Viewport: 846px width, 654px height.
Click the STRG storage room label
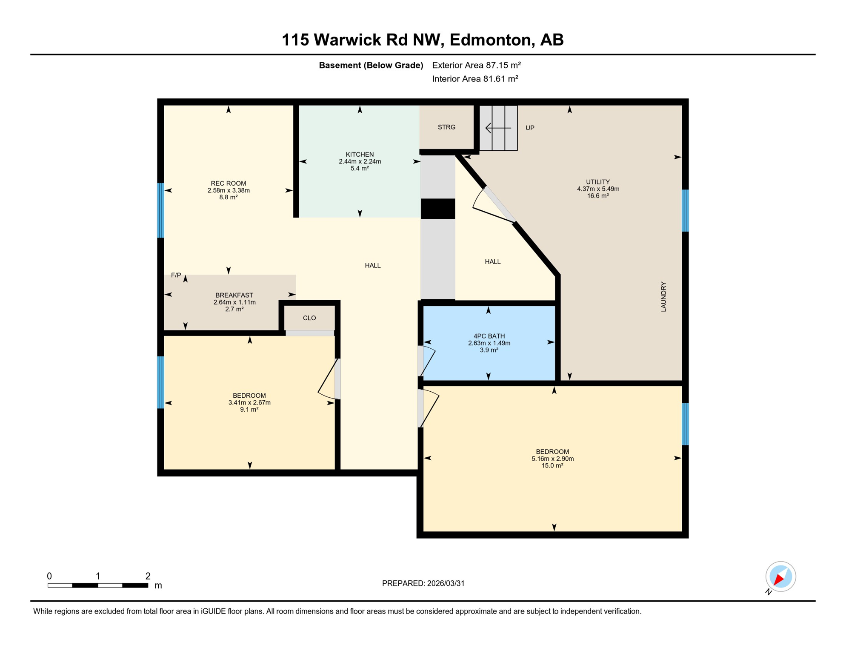(x=446, y=127)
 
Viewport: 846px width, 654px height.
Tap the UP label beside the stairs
(x=530, y=128)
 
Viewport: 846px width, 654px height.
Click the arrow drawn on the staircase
(x=498, y=128)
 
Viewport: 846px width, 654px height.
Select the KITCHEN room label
(x=360, y=155)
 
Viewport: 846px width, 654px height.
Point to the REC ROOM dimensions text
(x=229, y=190)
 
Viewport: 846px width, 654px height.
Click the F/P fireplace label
(x=176, y=275)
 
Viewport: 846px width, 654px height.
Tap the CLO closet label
(x=309, y=318)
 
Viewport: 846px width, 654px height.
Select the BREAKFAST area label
(x=234, y=295)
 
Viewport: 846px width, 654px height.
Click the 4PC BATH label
(x=489, y=336)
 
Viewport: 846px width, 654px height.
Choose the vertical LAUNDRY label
(x=663, y=297)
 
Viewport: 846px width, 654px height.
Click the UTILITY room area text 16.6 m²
(x=598, y=196)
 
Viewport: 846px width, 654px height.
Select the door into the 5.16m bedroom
(x=429, y=409)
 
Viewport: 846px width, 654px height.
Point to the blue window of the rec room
(x=161, y=210)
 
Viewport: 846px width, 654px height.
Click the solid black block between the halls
(x=438, y=209)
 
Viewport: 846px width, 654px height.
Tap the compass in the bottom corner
(x=780, y=577)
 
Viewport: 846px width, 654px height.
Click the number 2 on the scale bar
(x=148, y=576)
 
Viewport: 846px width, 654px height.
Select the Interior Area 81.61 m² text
(x=475, y=79)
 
